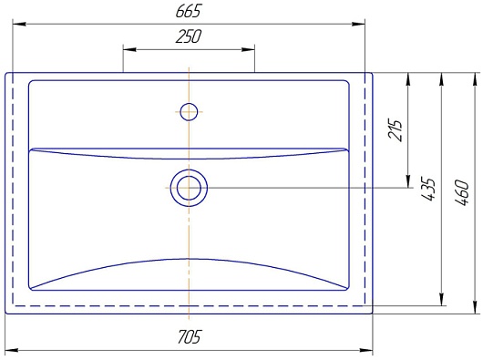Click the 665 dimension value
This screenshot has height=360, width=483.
[189, 11]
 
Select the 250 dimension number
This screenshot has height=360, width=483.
[189, 36]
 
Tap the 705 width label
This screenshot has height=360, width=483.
[190, 336]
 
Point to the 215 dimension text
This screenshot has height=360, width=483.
[396, 129]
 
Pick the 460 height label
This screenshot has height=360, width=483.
[462, 192]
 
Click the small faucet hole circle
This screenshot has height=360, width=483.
[189, 111]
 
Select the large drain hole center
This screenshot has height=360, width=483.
[189, 188]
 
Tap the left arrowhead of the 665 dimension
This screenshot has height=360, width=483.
[19, 24]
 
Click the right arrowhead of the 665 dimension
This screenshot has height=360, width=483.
[358, 24]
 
